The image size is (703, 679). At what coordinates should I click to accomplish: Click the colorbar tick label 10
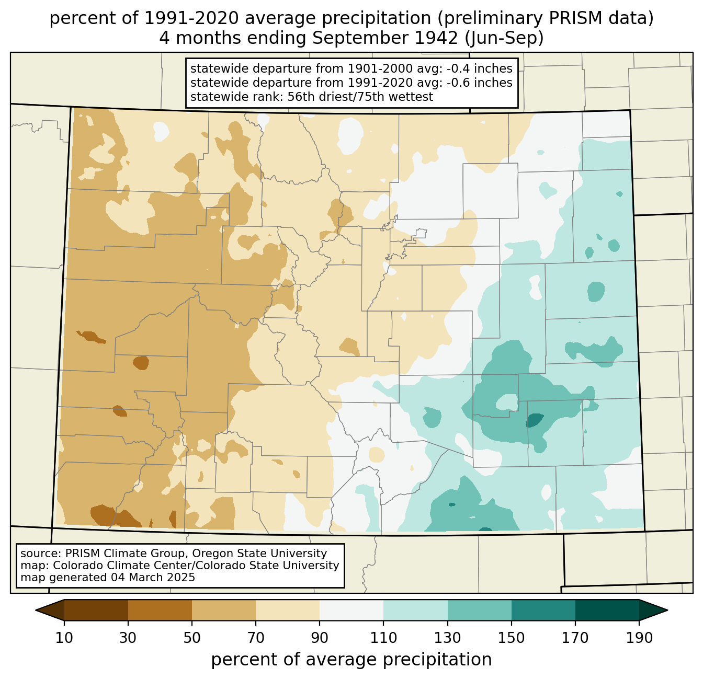point(64,638)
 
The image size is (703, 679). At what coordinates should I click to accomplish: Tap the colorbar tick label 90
point(320,638)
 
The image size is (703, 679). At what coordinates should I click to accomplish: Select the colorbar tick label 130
point(447,638)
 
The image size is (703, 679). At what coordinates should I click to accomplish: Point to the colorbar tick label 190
point(639,638)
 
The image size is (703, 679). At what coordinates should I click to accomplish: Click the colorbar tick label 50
point(192,638)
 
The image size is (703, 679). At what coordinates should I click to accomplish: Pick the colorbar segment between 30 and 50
point(160,610)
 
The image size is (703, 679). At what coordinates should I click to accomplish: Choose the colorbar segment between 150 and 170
point(543,610)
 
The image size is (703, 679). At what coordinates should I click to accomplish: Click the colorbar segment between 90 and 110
point(351,610)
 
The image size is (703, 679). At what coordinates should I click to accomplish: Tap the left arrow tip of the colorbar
point(36,610)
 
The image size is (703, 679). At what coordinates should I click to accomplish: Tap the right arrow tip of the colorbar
point(667,610)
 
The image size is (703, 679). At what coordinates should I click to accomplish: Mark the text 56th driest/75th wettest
point(360,97)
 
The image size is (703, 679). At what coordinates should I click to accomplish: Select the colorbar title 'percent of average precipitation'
point(351,659)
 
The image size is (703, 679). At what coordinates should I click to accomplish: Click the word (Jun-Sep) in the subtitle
point(504,38)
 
